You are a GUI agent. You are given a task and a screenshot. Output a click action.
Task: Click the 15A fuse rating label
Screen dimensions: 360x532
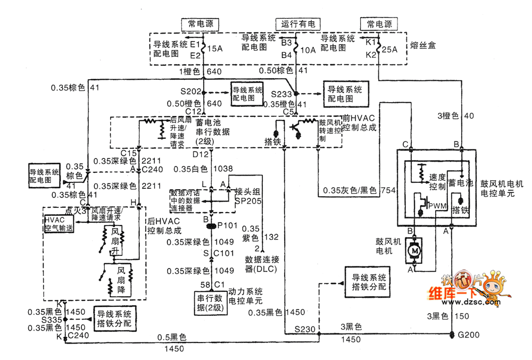point(214,49)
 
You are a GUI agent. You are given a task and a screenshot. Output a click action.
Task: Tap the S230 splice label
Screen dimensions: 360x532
point(305,330)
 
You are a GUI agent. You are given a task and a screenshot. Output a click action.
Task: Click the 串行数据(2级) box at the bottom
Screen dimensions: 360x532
point(209,304)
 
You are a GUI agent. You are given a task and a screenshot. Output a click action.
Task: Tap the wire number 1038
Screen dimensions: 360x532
point(223,169)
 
